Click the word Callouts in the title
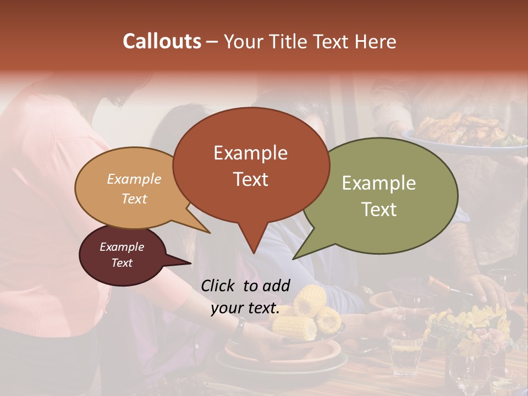[x=162, y=41]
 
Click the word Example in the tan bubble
[x=134, y=179]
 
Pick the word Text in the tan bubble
[x=134, y=199]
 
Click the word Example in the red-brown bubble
[x=250, y=153]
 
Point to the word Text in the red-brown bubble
[x=250, y=179]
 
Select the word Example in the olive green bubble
[x=379, y=183]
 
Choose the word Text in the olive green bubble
[x=379, y=209]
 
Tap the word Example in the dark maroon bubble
[x=122, y=247]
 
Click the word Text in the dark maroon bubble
[x=122, y=263]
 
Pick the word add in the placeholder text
[x=276, y=285]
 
